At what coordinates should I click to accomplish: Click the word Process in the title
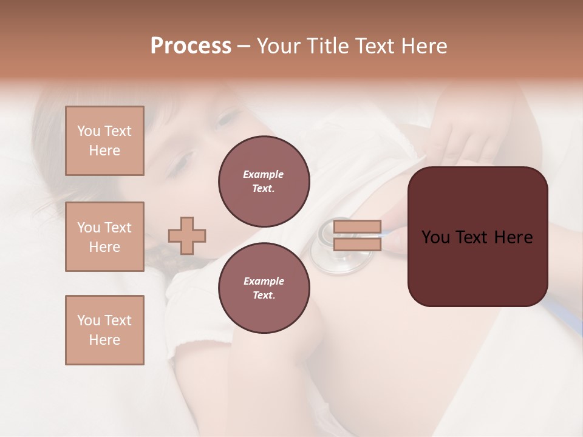point(191,46)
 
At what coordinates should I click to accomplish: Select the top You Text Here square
point(104,141)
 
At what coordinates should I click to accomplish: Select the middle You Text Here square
point(104,237)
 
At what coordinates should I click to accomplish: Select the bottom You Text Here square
point(104,330)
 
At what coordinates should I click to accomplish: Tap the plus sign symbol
point(187,235)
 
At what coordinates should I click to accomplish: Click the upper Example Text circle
point(264,181)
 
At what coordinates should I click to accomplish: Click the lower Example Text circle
point(264,288)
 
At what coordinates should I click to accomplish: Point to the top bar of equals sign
point(357,227)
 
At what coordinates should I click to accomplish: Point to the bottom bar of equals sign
point(357,244)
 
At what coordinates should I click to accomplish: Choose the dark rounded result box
point(477,237)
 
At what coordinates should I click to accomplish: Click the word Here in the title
point(423,46)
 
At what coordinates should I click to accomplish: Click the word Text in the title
point(373,46)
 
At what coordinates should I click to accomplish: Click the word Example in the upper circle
point(264,175)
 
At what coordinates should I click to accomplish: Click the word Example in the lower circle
point(264,282)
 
